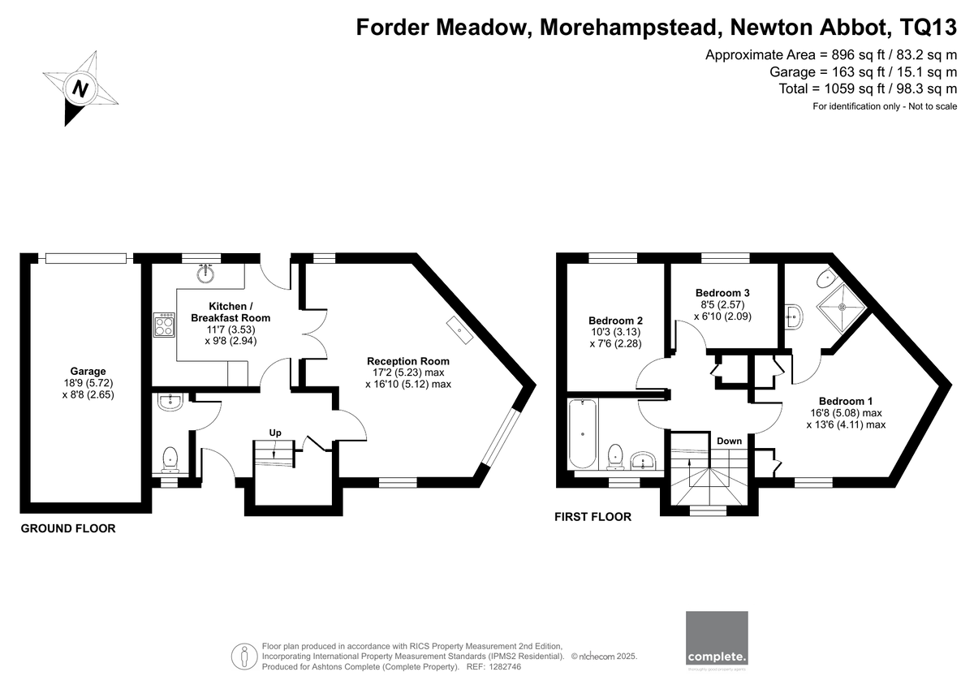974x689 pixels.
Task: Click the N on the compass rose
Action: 80,89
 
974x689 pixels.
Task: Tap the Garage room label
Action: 88,371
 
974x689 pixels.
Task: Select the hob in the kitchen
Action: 164,325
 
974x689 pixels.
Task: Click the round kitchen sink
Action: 205,273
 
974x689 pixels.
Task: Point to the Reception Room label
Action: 407,361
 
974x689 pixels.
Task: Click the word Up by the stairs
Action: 275,433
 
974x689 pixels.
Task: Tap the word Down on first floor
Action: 729,441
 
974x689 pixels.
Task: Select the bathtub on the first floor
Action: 582,434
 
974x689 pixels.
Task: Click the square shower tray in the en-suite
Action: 843,308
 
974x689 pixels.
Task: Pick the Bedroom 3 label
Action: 722,293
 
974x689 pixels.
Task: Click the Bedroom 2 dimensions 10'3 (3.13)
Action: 615,332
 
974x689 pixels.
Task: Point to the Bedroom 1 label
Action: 845,401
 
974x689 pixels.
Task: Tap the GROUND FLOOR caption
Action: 68,528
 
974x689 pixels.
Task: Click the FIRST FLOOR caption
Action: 593,517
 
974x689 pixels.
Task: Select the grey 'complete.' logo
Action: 717,638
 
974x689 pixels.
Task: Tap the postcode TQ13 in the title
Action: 929,27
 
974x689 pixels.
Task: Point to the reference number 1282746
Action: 504,667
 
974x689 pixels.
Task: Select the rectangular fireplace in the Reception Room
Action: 459,330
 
